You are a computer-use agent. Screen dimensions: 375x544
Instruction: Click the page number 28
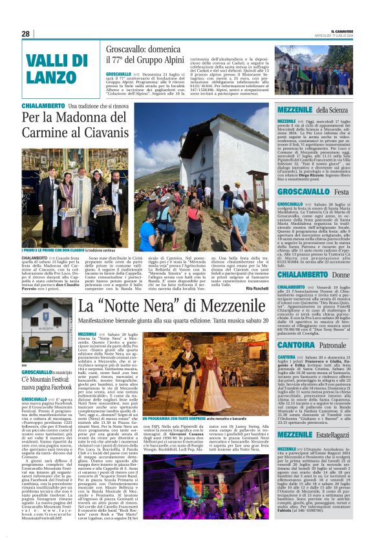coord(26,34)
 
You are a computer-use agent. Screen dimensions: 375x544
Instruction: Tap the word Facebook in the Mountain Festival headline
coord(57,388)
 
